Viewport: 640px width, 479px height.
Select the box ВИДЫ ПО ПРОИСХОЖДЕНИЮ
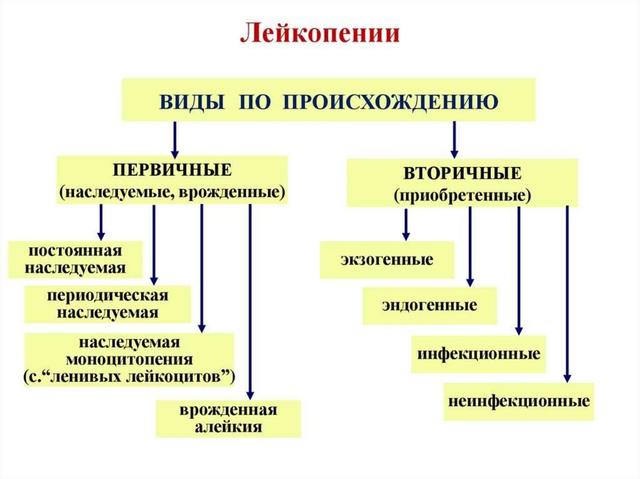click(328, 100)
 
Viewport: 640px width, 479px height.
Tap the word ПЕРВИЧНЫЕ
click(172, 170)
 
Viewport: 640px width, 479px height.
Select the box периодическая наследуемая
click(107, 304)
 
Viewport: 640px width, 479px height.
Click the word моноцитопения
click(129, 360)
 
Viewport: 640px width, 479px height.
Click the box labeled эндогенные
click(429, 305)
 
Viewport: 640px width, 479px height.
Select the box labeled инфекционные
click(478, 354)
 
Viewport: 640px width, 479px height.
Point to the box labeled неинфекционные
click(519, 401)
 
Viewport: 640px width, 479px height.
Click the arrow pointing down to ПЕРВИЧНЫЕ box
click(175, 139)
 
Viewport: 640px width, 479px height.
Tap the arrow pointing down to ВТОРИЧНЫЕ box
click(454, 139)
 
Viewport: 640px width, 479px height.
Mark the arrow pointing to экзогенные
click(406, 224)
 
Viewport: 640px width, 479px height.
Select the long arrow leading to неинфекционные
click(567, 294)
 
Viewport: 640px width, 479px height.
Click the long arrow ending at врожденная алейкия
click(250, 300)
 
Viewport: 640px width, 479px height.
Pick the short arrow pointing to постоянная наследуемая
click(101, 222)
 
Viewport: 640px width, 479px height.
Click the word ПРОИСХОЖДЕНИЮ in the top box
click(391, 100)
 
